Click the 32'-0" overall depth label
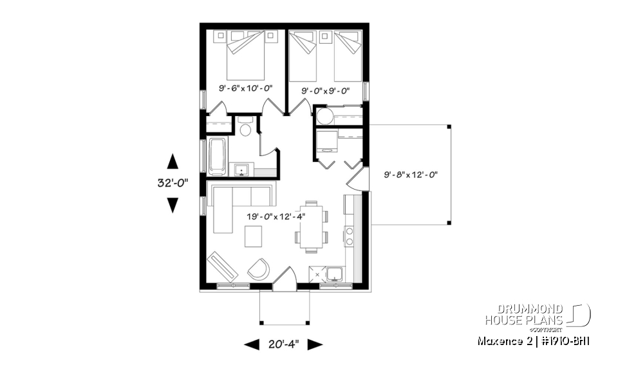click(x=172, y=183)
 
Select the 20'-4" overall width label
click(x=283, y=344)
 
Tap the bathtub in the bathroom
click(x=217, y=156)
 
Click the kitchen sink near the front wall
click(x=335, y=274)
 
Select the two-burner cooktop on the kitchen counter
click(x=350, y=236)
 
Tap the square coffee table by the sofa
click(x=254, y=237)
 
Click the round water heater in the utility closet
click(x=323, y=115)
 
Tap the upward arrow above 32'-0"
click(x=173, y=161)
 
